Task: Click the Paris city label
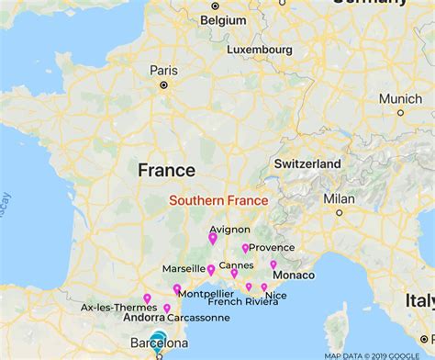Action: pos(163,70)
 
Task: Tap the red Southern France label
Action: pos(217,200)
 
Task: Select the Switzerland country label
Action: pos(307,163)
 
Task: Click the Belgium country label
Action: pos(224,18)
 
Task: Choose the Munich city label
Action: pos(400,98)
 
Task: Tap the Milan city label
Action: pos(339,198)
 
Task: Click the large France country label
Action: pos(166,170)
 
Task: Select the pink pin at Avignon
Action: pos(213,239)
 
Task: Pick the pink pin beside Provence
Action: pos(245,248)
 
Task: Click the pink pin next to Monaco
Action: pos(273,265)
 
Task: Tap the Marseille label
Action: pos(184,269)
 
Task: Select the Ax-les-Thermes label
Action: pos(111,308)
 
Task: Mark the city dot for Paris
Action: pos(163,85)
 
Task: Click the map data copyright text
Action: pos(379,354)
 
